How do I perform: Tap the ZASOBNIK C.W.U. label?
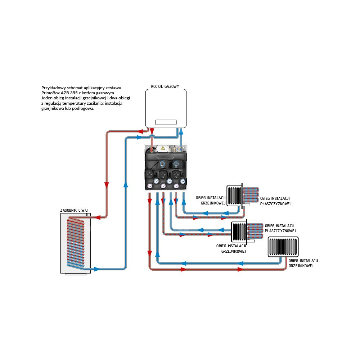pos(74,210)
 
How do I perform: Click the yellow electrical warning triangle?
pos(162,148)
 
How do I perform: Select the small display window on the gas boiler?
pos(166,122)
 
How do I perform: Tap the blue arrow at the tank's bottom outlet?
pos(97,269)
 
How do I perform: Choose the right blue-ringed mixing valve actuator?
pos(176,163)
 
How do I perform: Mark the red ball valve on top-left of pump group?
pos(152,148)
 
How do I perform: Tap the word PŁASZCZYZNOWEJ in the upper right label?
pos(275,204)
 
